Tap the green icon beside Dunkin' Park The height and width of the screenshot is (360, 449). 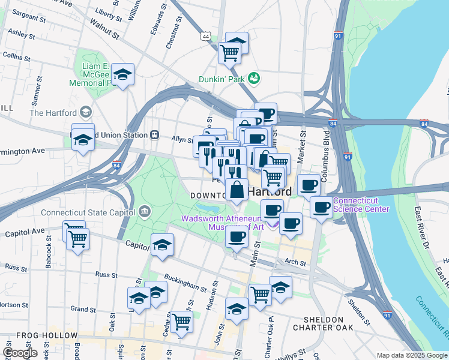pos(254,79)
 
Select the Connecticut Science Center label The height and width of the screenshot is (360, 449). pos(361,205)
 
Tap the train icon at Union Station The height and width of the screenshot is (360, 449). pos(155,135)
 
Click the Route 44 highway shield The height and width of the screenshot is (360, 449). pos(206,37)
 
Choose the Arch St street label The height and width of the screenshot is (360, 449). pos(296,262)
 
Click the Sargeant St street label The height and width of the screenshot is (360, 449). pos(30,13)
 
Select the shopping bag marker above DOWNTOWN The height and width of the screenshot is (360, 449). pos(237,189)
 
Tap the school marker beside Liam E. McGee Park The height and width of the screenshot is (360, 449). pos(123,74)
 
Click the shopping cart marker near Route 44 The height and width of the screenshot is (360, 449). pos(229,53)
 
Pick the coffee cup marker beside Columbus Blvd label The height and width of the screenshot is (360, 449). pos(309,185)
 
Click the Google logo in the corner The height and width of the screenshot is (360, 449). pos(20,353)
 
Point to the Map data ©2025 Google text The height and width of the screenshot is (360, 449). pos(412,355)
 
